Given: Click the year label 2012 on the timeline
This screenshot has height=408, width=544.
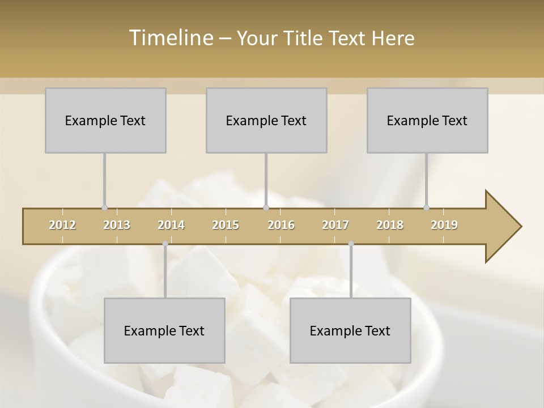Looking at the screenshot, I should pos(62,225).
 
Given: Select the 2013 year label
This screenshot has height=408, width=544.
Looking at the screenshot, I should pos(117,225).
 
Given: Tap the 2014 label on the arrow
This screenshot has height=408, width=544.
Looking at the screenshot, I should pos(171,225).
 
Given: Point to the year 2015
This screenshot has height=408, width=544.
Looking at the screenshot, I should pos(226,225).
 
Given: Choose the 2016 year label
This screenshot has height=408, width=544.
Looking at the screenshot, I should pos(281,225).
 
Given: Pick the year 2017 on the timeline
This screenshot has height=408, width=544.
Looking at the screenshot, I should pos(335,225).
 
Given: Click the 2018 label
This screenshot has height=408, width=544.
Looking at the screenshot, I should pos(390,225).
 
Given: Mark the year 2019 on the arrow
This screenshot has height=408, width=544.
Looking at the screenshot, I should pos(444,225).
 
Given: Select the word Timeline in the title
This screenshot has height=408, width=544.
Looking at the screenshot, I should pos(171,38).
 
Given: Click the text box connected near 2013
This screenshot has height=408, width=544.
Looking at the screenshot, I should pos(105,120).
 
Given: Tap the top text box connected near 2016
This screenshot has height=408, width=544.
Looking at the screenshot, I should pos(266,120).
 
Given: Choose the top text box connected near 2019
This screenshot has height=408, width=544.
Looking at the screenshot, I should pos(427,120).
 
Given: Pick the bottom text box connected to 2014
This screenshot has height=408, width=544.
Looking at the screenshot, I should pos(164,330).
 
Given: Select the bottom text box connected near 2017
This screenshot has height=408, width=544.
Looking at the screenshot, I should pos(350,330).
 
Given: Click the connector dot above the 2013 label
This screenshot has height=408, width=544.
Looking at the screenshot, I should pos(104,208).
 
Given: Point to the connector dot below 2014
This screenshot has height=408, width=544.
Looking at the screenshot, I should pos(165,244).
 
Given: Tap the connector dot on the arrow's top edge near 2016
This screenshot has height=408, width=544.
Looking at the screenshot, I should pos(266,208).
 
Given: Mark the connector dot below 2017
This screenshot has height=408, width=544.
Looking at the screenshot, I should pos(351,244).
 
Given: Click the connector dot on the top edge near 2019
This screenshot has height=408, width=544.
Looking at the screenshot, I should pos(426,208).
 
